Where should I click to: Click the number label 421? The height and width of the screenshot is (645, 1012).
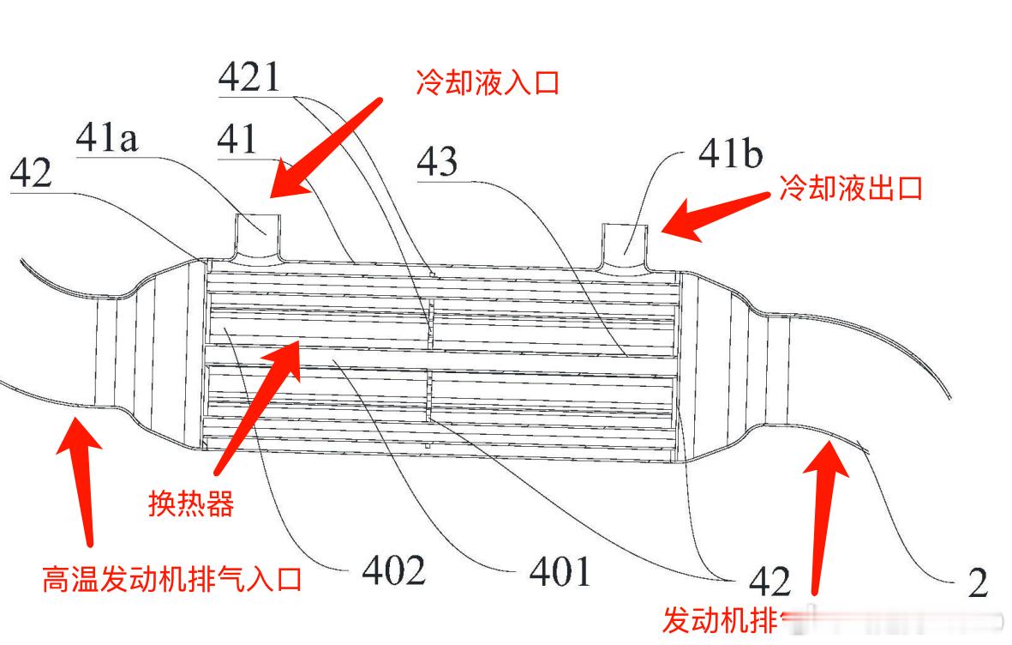pos(249,78)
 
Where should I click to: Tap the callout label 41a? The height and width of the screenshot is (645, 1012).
pos(107,139)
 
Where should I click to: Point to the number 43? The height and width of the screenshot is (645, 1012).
pos(437,162)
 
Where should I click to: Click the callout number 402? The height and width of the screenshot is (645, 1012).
pos(393,570)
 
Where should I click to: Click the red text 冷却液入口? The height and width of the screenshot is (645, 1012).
pos(487,83)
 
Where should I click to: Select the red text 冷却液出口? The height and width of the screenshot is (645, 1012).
pos(850,188)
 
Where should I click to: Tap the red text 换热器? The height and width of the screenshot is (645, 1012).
pos(191,504)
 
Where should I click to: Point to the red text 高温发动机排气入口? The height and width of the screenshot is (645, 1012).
pos(171,580)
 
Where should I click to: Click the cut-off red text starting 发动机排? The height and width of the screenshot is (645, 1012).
pos(720,618)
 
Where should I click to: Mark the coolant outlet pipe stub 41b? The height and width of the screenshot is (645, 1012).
pos(629,241)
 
